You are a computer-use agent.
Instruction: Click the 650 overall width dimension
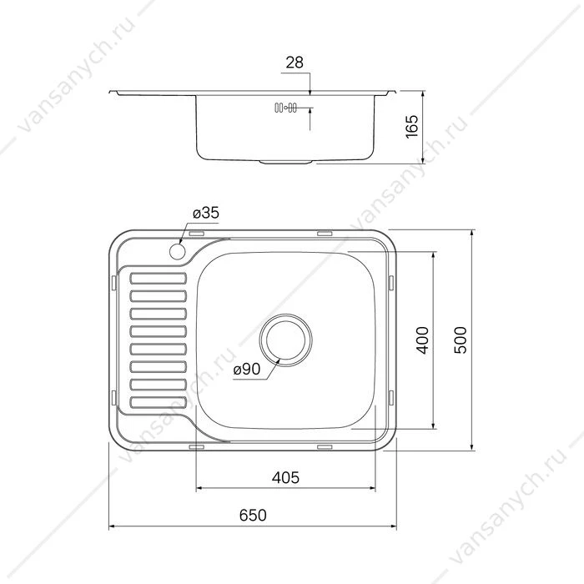(x=253, y=516)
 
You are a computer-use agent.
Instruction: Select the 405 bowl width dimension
(x=285, y=478)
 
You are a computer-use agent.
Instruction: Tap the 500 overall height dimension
(x=461, y=340)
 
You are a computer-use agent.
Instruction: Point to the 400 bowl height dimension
(x=422, y=340)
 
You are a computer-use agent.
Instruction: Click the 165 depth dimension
(x=411, y=127)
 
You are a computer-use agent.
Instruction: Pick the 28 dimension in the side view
(x=295, y=63)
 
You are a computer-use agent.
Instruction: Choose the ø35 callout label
(x=206, y=213)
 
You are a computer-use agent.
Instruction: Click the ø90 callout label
(x=247, y=370)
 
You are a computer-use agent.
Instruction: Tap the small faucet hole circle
(x=177, y=252)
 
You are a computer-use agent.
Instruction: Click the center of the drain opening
(x=286, y=340)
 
